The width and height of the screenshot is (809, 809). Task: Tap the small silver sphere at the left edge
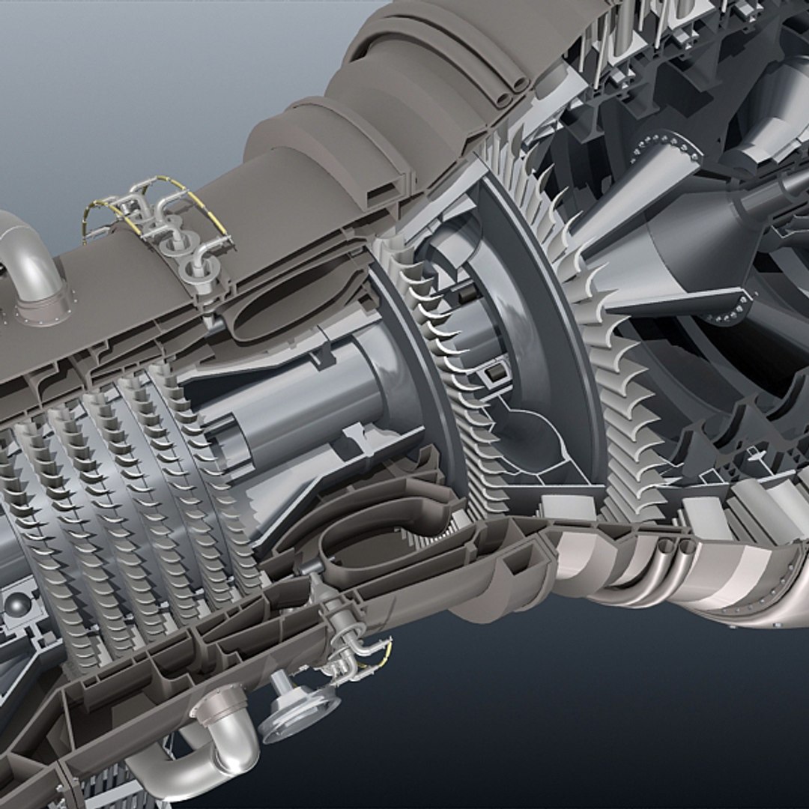(15, 604)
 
